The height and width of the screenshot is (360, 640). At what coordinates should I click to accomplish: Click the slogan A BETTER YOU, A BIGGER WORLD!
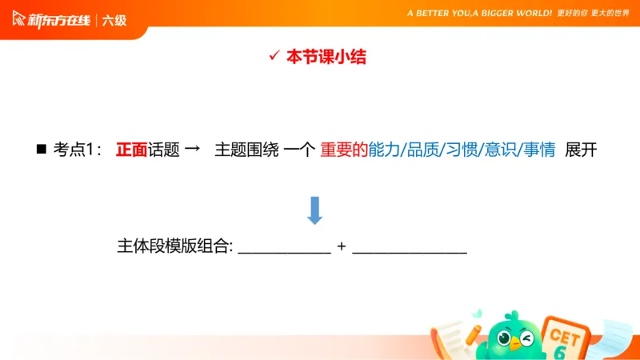[x=480, y=14]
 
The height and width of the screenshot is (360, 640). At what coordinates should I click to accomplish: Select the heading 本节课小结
[x=330, y=57]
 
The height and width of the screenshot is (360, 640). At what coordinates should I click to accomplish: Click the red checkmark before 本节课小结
[x=273, y=56]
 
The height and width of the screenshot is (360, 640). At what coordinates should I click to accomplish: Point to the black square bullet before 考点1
[x=42, y=150]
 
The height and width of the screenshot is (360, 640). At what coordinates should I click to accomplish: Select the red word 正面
[x=131, y=150]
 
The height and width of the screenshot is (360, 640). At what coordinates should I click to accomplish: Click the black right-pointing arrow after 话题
[x=191, y=150]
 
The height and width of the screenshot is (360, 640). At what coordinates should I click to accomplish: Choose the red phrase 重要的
[x=343, y=150]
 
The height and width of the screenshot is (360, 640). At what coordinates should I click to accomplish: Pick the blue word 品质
[x=422, y=150]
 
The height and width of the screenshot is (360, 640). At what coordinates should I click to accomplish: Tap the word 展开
[x=581, y=150]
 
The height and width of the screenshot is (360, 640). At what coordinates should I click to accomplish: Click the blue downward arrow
[x=314, y=210]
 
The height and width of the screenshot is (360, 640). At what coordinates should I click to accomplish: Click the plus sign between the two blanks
[x=342, y=246]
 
